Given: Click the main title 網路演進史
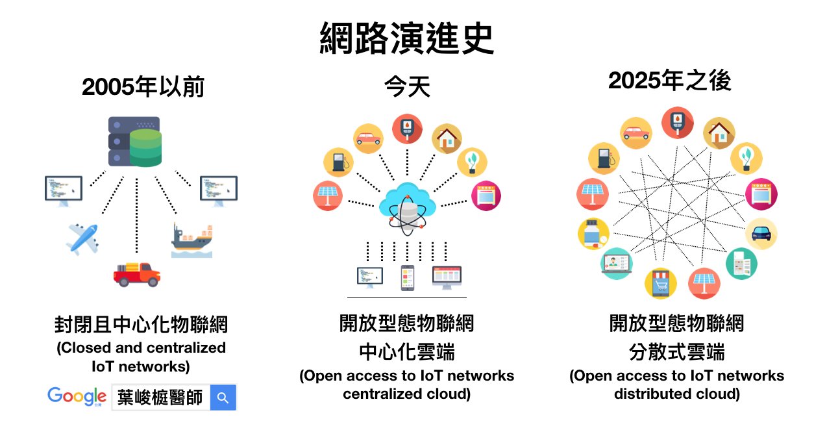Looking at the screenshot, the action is (406, 38).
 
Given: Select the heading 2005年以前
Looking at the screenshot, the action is (143, 87).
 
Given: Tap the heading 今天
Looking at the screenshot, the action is (408, 86).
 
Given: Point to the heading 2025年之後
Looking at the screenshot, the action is (669, 81).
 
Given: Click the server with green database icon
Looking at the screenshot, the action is (135, 142).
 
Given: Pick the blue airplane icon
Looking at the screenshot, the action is (82, 238).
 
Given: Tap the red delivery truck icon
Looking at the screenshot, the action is (137, 274).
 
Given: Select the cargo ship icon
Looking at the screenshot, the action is (192, 240).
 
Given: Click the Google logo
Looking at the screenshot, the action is (77, 397).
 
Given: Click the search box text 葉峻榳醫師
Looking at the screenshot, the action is (160, 398).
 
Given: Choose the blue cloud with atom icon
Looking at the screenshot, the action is (408, 209).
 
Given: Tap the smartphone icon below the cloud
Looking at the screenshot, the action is (408, 278).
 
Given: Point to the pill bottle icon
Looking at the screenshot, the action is (593, 234).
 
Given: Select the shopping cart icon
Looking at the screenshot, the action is (661, 283).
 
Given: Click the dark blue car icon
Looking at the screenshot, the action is (761, 234).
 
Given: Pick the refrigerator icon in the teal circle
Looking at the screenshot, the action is (742, 264).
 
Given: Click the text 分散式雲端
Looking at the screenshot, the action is (677, 352).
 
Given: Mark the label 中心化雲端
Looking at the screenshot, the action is (407, 352).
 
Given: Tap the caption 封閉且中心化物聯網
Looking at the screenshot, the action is (141, 324).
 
